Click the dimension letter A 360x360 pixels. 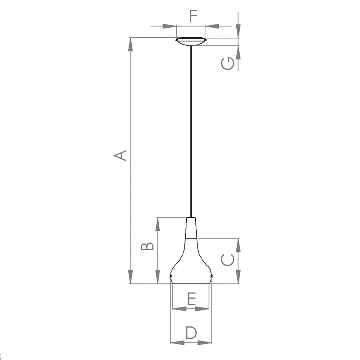(120, 155)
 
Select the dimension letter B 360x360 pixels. (147, 246)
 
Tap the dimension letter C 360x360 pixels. (228, 260)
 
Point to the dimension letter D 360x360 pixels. (191, 333)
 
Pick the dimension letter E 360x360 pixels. (192, 298)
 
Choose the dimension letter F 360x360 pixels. (193, 16)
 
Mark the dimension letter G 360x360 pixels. (228, 63)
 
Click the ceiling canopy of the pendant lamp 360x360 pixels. (190, 41)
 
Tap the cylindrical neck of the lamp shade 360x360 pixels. (191, 228)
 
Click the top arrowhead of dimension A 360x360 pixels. (130, 45)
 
